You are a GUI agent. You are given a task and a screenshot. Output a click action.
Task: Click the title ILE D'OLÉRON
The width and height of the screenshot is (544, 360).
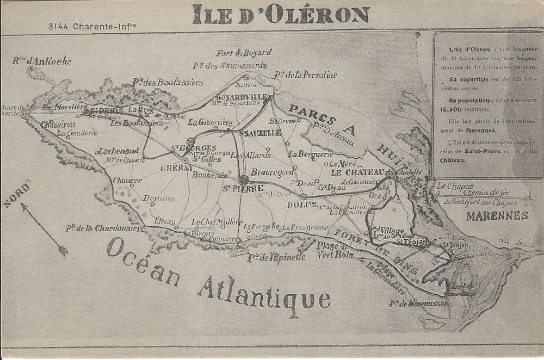pos(281,15)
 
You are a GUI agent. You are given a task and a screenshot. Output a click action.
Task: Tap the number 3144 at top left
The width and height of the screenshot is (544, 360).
pos(57,26)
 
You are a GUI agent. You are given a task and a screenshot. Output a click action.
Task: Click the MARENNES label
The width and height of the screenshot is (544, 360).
pos(497,216)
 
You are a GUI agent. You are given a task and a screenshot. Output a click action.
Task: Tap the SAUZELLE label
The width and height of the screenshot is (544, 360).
pos(263,133)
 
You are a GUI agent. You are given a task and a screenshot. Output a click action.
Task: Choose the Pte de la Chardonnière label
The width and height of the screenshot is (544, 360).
pos(106,228)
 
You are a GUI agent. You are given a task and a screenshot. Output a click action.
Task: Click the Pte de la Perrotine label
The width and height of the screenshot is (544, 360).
pos(306,74)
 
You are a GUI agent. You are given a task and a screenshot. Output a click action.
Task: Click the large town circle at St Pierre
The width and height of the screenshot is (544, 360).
pos(244,179)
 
